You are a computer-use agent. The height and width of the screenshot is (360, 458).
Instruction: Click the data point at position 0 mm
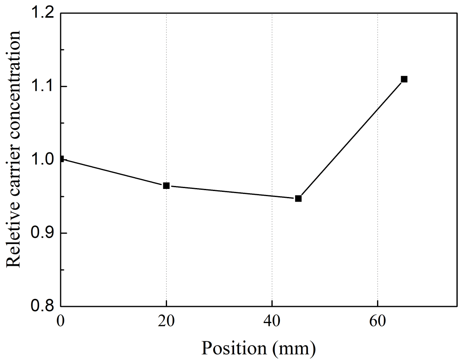pyautogui.click(x=61, y=159)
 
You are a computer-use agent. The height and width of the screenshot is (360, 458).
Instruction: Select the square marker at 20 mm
pyautogui.click(x=166, y=186)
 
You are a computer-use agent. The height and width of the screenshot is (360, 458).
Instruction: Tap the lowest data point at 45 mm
pyautogui.click(x=298, y=198)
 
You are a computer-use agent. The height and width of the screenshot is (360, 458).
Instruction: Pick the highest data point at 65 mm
pyautogui.click(x=404, y=79)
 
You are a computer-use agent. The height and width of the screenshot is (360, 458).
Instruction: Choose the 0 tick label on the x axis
pyautogui.click(x=61, y=321)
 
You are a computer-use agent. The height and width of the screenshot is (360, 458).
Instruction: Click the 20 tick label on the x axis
pyautogui.click(x=166, y=321)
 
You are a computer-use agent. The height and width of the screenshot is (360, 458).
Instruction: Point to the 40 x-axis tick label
pyautogui.click(x=272, y=321)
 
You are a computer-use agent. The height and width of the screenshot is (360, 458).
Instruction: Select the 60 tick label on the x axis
pyautogui.click(x=377, y=321)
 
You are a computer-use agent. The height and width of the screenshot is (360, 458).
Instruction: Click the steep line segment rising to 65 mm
pyautogui.click(x=351, y=138)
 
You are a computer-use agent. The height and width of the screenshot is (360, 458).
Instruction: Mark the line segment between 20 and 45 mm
pyautogui.click(x=232, y=192)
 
